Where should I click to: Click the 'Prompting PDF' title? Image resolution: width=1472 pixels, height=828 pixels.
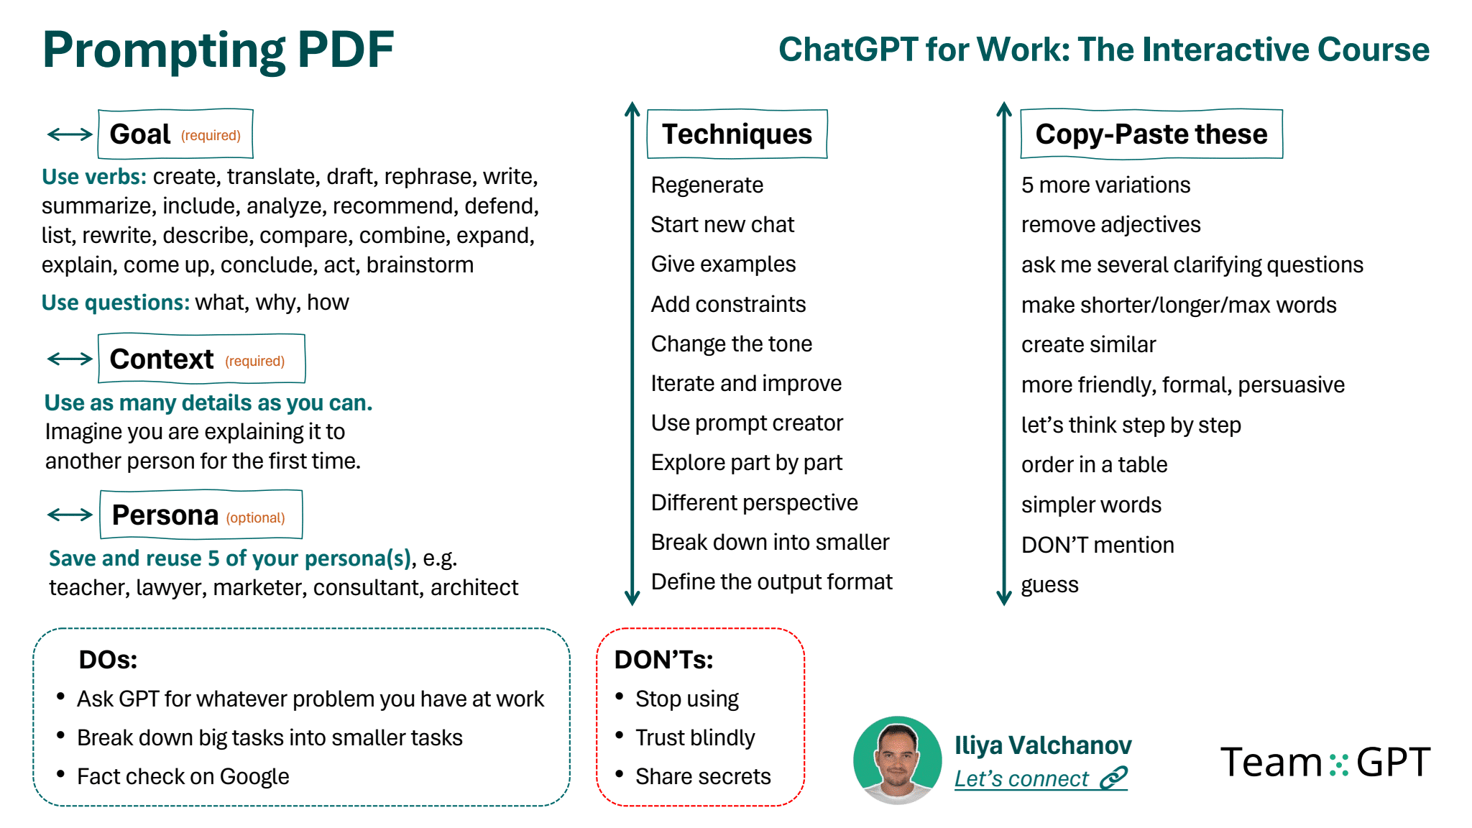coord(218,50)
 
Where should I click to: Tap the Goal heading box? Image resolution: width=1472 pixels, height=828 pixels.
coord(175,134)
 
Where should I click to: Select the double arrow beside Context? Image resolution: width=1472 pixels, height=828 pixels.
coord(70,359)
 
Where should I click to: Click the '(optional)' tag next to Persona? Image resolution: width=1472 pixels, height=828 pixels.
coord(256,517)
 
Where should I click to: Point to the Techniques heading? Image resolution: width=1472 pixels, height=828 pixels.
coord(737,134)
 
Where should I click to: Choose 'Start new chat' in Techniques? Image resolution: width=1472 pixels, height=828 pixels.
coord(722,224)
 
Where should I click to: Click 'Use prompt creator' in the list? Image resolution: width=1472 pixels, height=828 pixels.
coord(747,423)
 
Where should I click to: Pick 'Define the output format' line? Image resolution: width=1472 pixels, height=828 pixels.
coord(771,581)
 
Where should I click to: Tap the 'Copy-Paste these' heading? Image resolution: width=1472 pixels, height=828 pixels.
coord(1151,134)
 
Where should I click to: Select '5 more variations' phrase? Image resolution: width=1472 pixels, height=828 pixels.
coord(1105,185)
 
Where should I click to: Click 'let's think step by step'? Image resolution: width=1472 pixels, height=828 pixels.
coord(1131,425)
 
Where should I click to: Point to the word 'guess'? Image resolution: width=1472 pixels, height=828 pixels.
coord(1050,585)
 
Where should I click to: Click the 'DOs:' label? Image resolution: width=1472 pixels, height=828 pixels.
coord(108,659)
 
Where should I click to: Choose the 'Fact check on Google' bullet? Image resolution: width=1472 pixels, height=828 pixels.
coord(183,776)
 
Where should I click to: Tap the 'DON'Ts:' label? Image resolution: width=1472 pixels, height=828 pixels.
coord(663,659)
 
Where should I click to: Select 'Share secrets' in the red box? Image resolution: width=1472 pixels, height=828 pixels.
coord(703,776)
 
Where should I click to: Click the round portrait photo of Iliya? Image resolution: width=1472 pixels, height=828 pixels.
coord(897,760)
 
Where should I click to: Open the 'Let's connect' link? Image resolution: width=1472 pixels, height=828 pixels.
coord(1041,778)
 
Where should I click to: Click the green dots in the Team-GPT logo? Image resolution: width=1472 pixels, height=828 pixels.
coord(1338,765)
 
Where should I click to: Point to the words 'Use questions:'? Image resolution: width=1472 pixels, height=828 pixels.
coord(116,303)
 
